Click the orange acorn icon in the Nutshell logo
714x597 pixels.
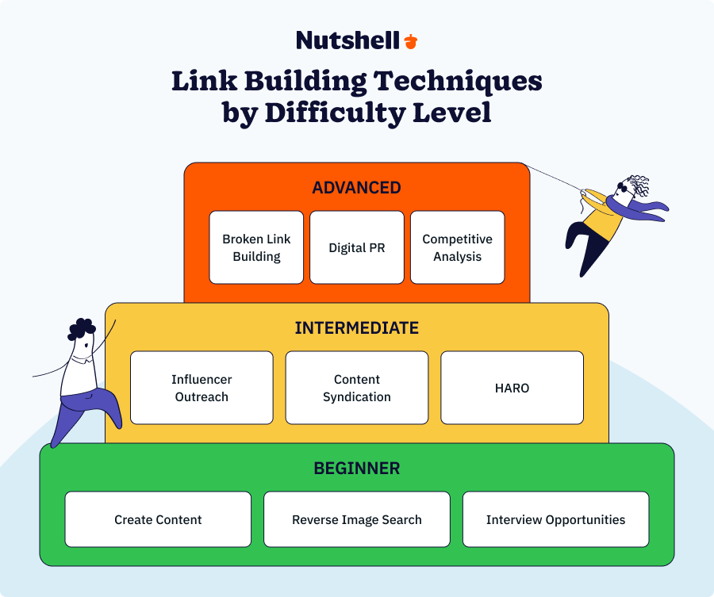(x=410, y=41)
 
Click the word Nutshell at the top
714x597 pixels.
(x=347, y=40)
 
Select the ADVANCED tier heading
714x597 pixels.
(x=356, y=188)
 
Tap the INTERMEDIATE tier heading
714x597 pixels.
(x=356, y=328)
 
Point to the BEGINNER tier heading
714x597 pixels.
(x=356, y=468)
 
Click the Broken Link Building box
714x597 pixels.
(x=256, y=247)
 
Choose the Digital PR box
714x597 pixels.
(x=356, y=247)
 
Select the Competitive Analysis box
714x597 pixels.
(x=457, y=247)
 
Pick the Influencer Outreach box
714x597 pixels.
(x=202, y=388)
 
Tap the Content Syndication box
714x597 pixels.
(x=356, y=388)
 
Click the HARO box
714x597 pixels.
(x=512, y=388)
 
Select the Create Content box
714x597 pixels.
(x=158, y=519)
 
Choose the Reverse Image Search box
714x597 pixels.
(x=356, y=519)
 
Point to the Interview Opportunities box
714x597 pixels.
(x=555, y=519)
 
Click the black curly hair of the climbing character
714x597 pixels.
(x=81, y=328)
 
